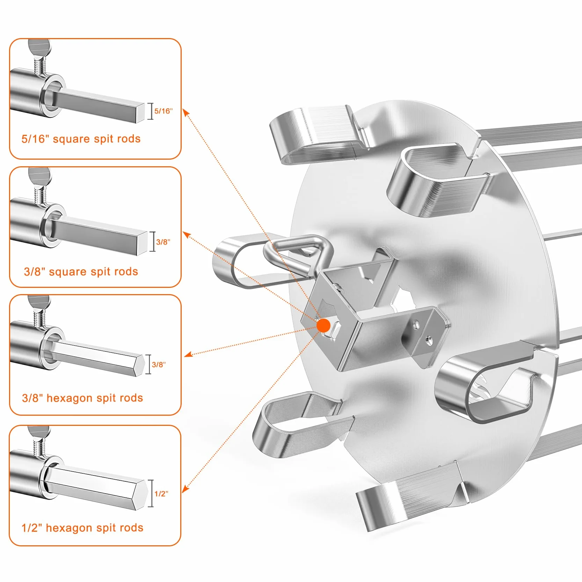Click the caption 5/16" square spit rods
81,139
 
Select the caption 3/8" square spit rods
81,271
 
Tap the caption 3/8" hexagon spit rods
82,398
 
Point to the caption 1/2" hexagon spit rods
82,528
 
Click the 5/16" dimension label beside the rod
163,111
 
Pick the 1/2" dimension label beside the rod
161,494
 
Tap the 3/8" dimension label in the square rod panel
163,242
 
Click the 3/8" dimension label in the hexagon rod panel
159,364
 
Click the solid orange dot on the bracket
323,325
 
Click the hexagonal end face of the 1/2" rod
142,495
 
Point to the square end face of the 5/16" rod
140,112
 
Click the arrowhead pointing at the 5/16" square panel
186,113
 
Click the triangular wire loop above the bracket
298,255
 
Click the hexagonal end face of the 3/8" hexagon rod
140,365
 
